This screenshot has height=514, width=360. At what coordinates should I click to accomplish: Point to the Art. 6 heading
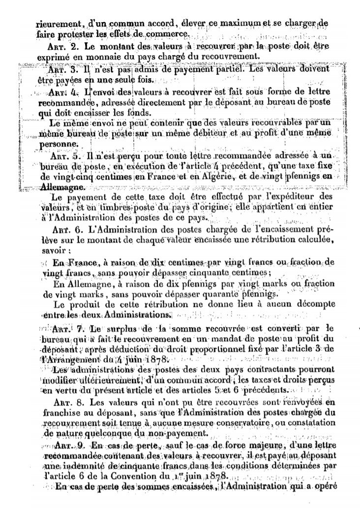(x=64, y=230)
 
